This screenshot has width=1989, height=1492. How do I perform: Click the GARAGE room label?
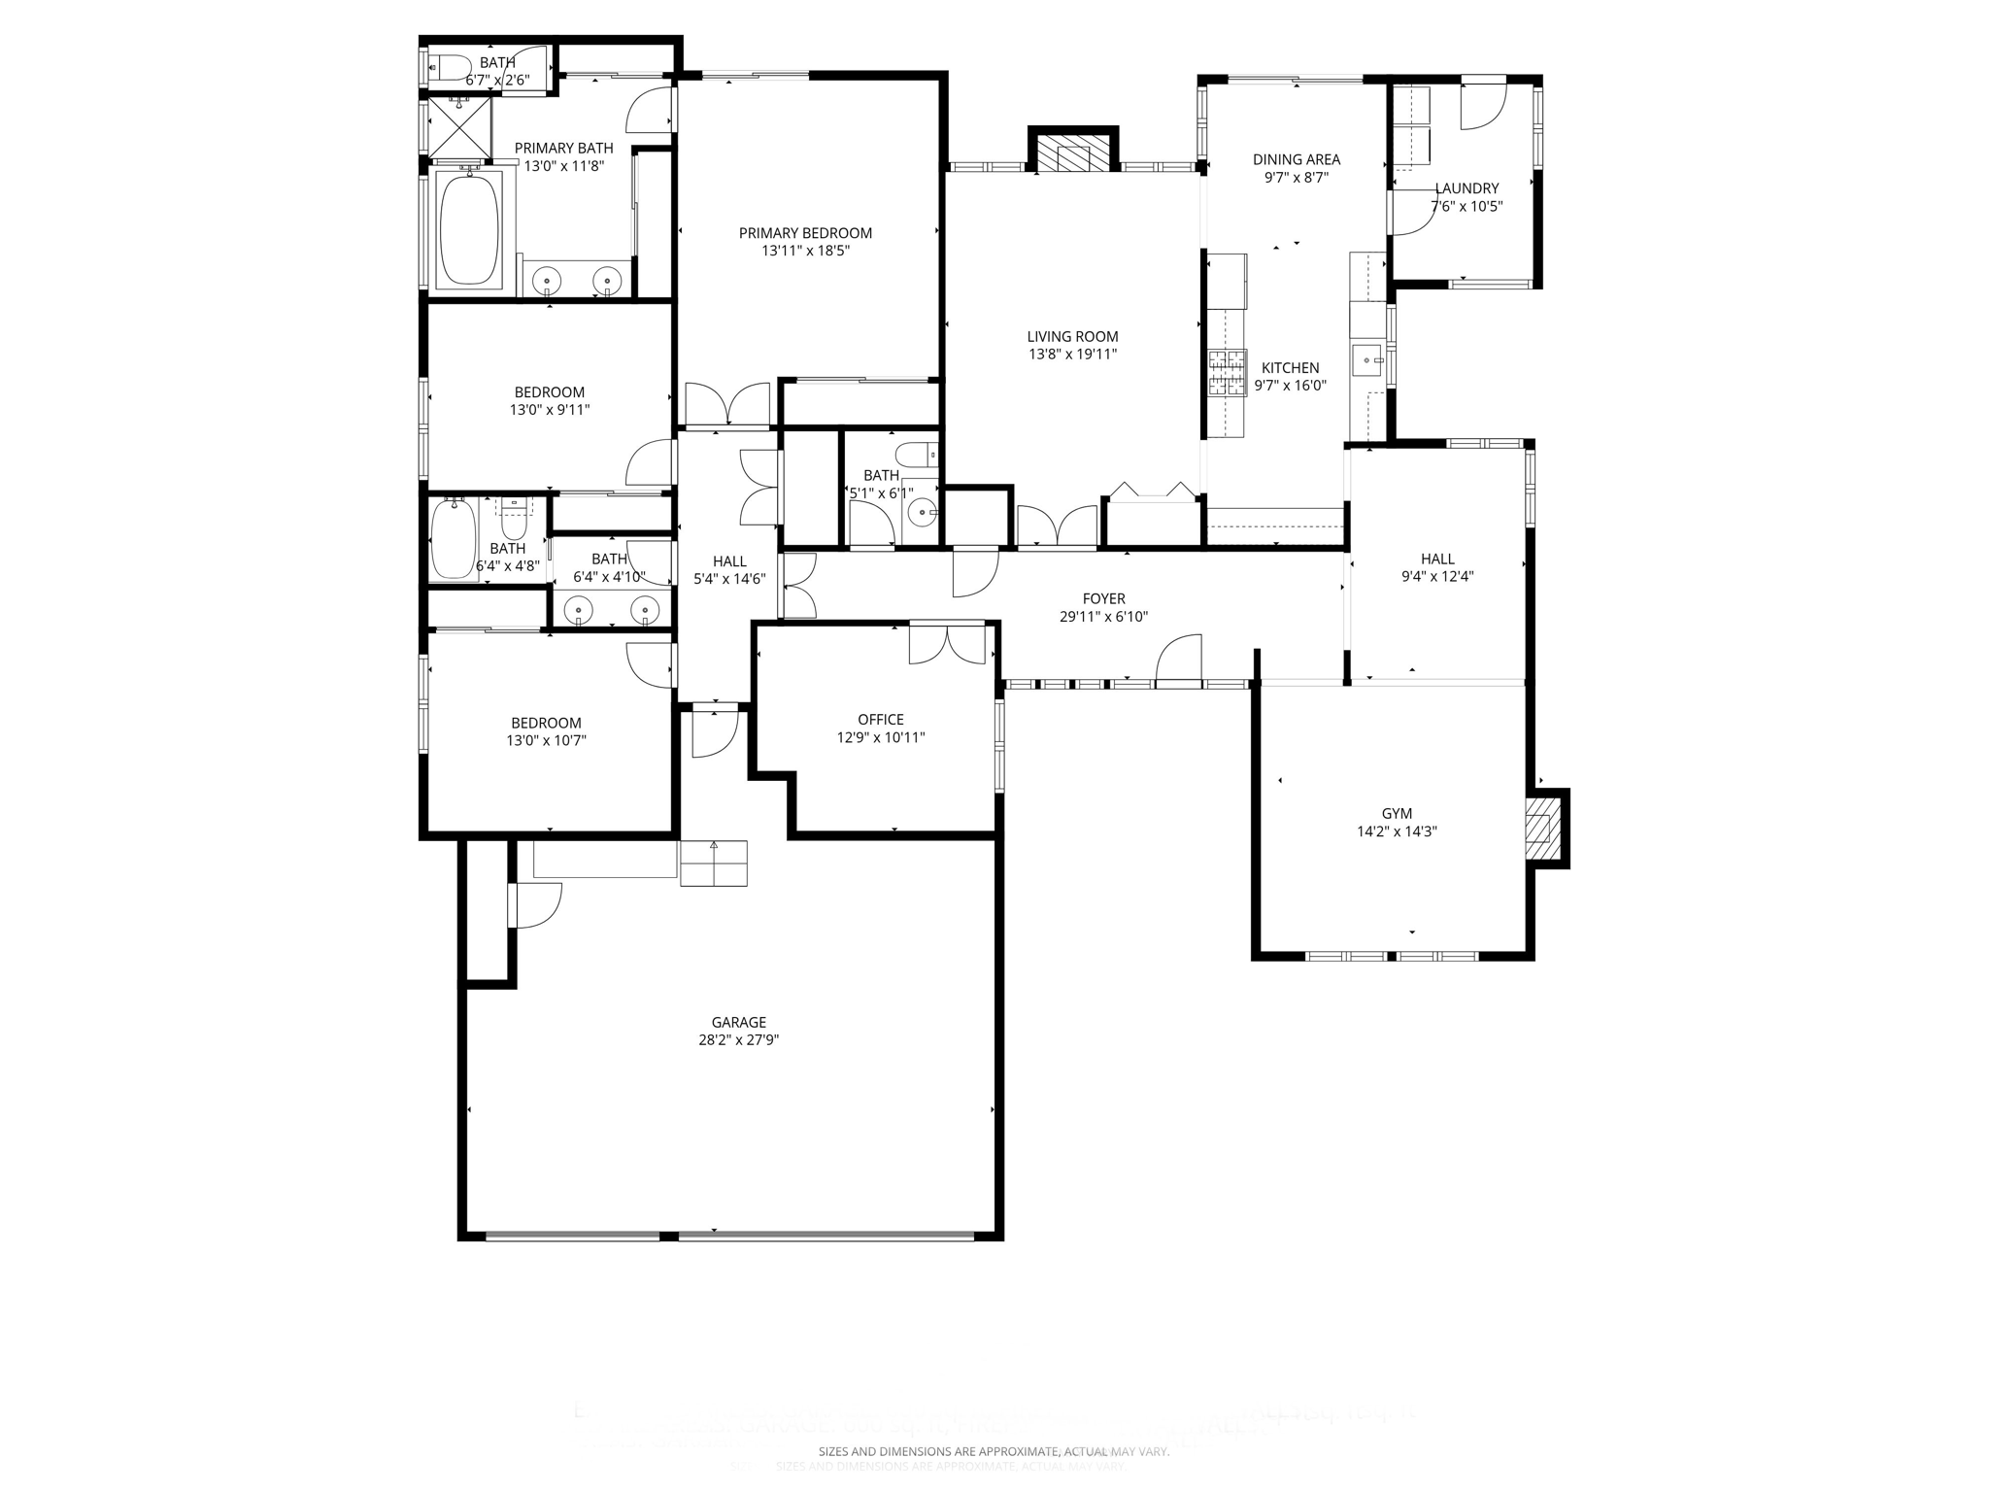coord(738,1022)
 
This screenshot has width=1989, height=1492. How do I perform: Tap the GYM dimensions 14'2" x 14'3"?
coord(1397,831)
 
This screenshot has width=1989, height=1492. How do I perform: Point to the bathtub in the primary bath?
coord(469,230)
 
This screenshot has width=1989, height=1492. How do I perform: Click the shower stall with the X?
coord(459,126)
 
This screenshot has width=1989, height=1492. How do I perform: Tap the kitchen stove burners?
coord(1226,373)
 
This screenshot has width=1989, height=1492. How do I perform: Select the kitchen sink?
coord(1366,360)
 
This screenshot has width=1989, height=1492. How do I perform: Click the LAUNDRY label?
coord(1466,188)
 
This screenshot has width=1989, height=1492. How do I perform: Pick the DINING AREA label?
coord(1296,159)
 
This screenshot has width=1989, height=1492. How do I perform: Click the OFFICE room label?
coord(880,720)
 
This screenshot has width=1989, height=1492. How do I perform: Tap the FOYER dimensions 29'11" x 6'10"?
coord(1103,617)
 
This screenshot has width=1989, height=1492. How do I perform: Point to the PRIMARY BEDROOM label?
coord(805,233)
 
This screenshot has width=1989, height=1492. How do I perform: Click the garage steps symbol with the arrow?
coord(714,863)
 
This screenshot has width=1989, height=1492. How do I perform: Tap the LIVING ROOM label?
coord(1072,337)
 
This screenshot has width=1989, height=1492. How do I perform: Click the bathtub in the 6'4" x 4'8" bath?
coord(453,539)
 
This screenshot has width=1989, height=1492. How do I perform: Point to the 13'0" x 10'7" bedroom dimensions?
coord(546,741)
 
